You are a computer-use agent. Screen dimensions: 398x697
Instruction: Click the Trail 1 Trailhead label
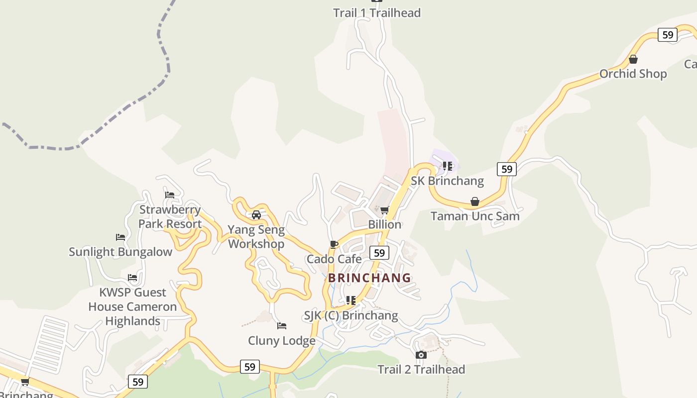click(x=377, y=13)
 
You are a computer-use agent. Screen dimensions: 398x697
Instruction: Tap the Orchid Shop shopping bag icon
click(x=633, y=60)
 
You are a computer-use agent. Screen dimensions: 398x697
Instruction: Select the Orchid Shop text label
click(x=633, y=74)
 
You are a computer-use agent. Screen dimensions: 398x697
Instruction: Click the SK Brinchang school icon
click(x=448, y=166)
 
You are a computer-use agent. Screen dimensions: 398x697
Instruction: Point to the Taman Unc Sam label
click(x=475, y=216)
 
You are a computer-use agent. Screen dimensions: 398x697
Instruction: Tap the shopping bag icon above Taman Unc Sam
click(x=475, y=202)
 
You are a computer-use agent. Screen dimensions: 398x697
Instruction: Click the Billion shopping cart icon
click(x=384, y=210)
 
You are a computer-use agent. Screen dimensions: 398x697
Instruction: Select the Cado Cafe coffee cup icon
click(x=334, y=245)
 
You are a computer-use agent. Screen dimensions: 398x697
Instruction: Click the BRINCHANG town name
click(x=370, y=278)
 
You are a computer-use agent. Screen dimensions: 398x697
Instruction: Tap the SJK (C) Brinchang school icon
click(x=351, y=300)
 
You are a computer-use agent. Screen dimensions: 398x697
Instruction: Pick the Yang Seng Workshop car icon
click(x=256, y=215)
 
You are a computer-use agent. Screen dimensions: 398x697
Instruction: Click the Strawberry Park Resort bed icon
click(x=170, y=195)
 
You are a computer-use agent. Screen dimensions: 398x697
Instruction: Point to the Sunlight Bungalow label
click(x=120, y=252)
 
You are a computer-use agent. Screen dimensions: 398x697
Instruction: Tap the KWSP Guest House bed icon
click(x=132, y=278)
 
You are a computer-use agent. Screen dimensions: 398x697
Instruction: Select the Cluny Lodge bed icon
click(x=282, y=326)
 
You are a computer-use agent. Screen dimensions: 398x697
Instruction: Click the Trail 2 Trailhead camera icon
click(x=421, y=355)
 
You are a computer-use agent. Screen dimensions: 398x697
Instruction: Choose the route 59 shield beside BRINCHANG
click(x=379, y=253)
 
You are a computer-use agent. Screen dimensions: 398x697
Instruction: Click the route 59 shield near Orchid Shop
click(x=667, y=35)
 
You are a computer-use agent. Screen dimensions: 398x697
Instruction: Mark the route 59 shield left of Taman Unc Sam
click(x=507, y=169)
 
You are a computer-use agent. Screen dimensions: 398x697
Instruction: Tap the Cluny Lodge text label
click(x=282, y=341)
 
